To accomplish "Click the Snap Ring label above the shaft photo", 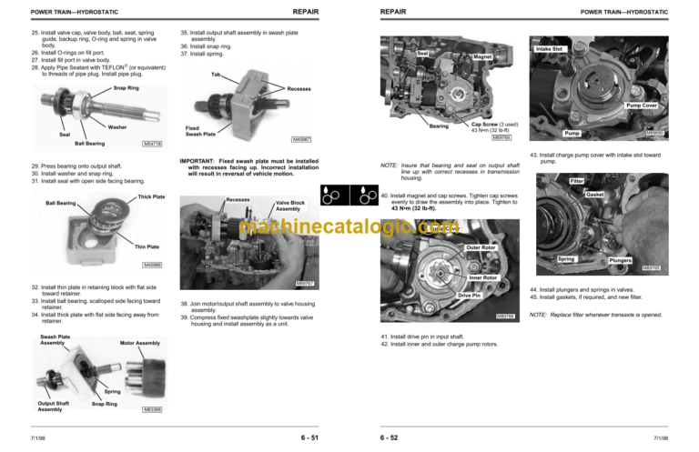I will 127,88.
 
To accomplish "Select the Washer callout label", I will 118,126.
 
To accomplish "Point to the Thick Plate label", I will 151,196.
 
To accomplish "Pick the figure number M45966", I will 153,265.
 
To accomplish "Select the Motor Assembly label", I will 140,344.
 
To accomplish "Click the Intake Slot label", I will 551,47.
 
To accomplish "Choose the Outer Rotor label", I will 480,247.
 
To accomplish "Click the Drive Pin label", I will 469,296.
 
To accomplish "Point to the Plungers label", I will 621,260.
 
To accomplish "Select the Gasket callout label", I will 596,194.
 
